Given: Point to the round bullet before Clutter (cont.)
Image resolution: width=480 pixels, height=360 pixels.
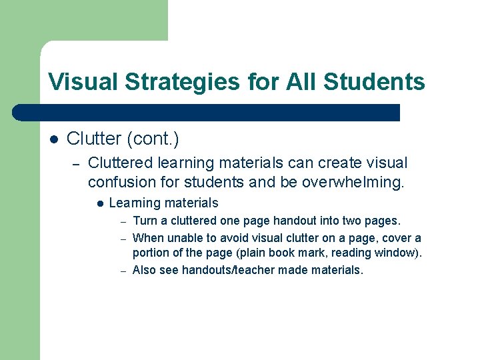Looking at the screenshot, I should (x=55, y=139).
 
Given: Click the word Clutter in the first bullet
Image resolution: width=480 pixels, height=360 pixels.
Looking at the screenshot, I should (x=92, y=139).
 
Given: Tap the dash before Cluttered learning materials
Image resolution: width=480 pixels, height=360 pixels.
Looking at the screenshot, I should (x=77, y=163).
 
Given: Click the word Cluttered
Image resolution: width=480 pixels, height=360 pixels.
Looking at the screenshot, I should (x=122, y=163).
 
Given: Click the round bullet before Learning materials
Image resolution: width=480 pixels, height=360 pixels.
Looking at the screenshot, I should (x=99, y=203).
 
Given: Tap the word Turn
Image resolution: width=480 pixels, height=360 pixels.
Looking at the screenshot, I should (x=145, y=221).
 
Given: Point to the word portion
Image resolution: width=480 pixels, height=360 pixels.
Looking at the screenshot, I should (x=152, y=253).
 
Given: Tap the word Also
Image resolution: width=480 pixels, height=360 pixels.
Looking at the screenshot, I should (x=144, y=270).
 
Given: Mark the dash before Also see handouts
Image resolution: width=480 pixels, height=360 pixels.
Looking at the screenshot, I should (x=123, y=271).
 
